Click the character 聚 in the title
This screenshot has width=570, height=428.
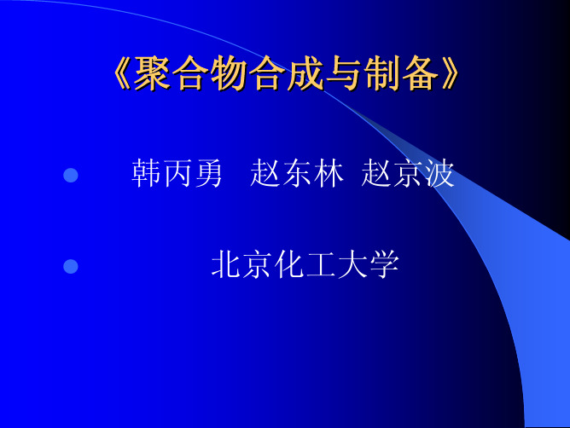(x=152, y=73)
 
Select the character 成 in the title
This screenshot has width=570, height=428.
(x=305, y=73)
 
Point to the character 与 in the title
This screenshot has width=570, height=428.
(x=344, y=73)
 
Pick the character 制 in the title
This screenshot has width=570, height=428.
(x=383, y=73)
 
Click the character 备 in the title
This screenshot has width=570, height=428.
(x=421, y=73)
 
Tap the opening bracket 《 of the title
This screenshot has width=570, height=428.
(x=123, y=73)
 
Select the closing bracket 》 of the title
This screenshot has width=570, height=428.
(x=451, y=73)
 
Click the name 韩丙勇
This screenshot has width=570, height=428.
(x=177, y=173)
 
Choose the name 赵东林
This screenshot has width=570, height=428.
(x=297, y=173)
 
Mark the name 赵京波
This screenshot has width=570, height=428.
(x=408, y=173)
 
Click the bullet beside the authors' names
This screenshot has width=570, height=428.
(x=71, y=175)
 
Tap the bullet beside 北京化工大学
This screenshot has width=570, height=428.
(x=71, y=266)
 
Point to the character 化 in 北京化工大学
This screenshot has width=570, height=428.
(x=289, y=264)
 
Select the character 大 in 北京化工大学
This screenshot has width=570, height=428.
(x=352, y=264)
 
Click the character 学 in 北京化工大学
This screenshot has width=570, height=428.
(x=384, y=264)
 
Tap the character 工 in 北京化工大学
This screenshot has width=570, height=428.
(x=321, y=264)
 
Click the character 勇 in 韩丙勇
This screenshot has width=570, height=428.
(x=208, y=173)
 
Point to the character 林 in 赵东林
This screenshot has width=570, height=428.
(x=329, y=173)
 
